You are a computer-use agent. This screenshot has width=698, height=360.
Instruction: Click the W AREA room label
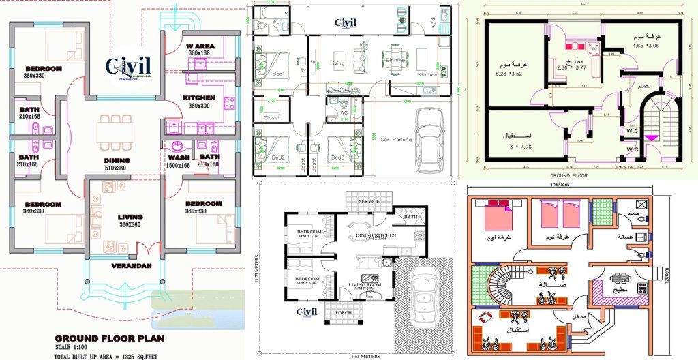(201, 46)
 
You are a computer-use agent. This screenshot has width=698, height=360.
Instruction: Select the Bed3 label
(337, 157)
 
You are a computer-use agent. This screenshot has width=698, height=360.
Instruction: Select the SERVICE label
(369, 201)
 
